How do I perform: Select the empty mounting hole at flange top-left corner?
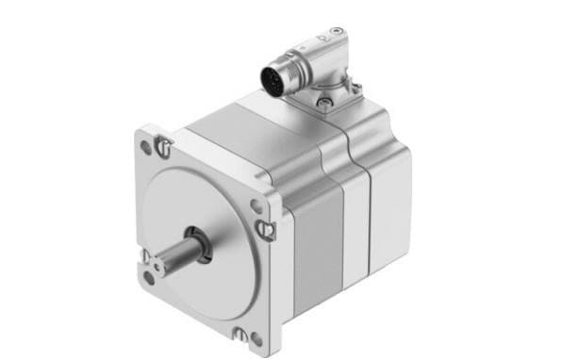point(146,147)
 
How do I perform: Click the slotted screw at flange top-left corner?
point(164,146)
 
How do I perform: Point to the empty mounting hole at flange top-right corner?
point(257,205)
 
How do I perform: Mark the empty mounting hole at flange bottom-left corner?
point(150,277)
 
